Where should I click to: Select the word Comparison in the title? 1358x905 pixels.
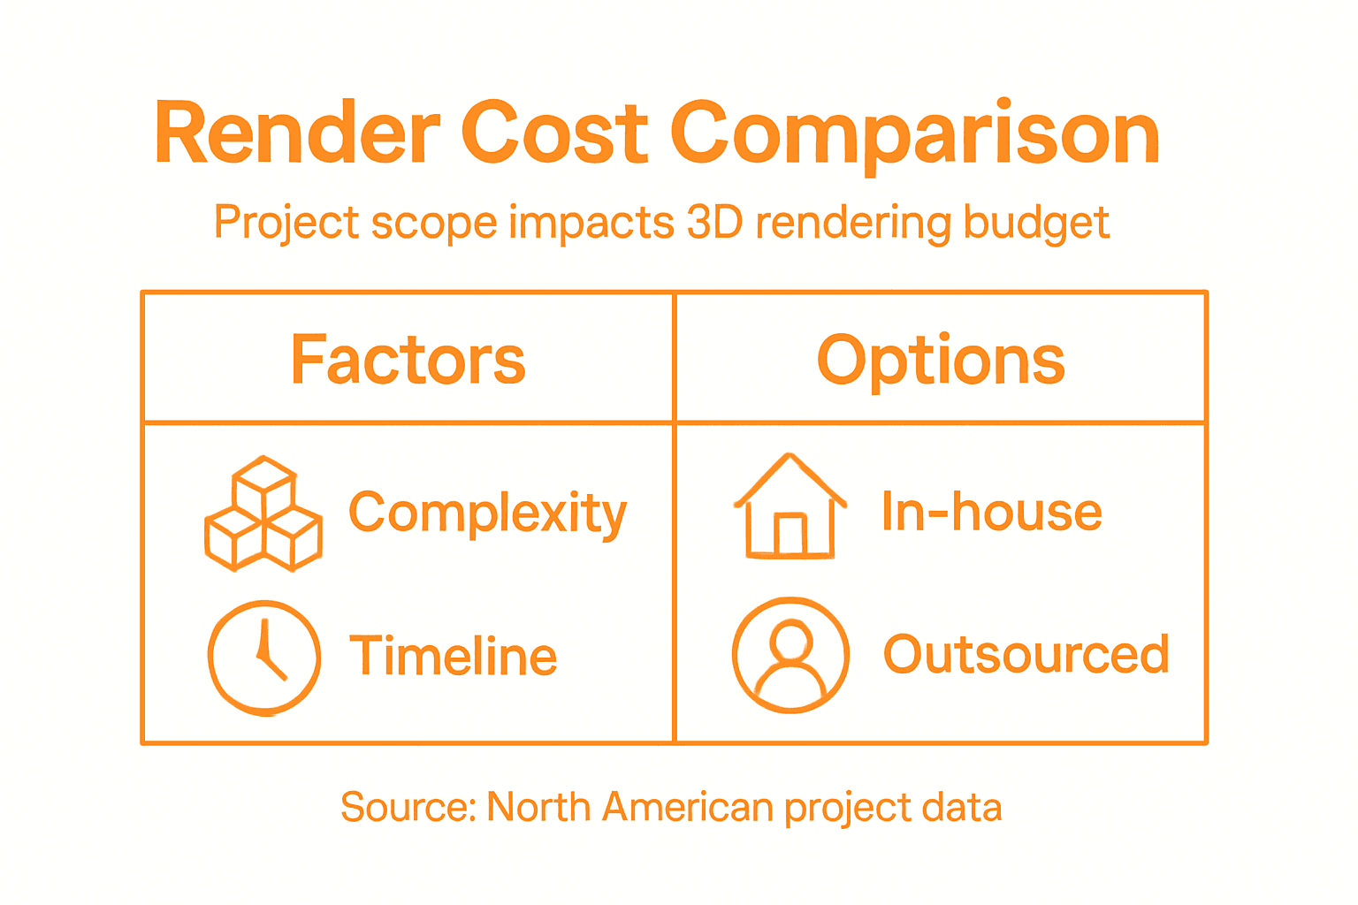tap(915, 134)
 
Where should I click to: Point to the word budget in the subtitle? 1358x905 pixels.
tap(1036, 224)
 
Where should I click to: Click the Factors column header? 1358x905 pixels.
tap(408, 360)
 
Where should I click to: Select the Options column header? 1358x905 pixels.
tap(941, 360)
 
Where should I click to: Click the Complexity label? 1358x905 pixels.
tap(487, 513)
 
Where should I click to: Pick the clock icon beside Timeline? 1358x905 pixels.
tap(264, 658)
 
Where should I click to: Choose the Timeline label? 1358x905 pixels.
tap(453, 656)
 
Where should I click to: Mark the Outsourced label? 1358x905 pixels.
tap(1026, 655)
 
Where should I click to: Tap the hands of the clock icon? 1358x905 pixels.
tap(268, 652)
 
